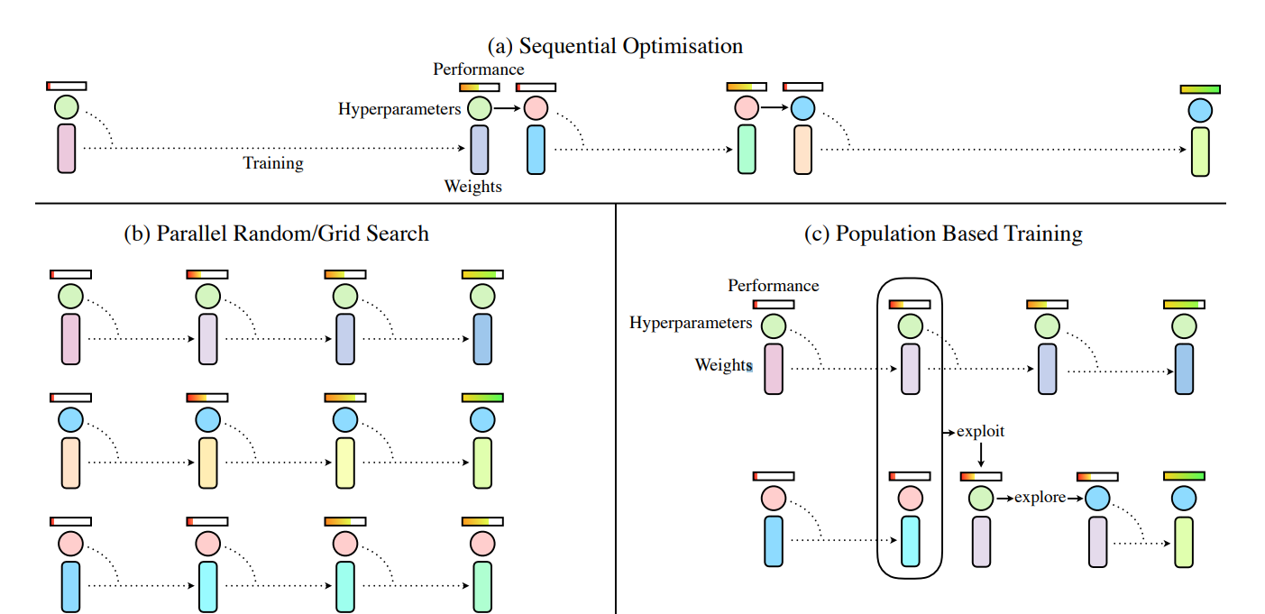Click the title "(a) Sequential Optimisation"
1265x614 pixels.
point(615,46)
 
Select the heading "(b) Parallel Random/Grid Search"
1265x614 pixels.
point(276,234)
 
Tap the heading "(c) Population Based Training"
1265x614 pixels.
point(943,234)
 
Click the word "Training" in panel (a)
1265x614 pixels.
point(273,163)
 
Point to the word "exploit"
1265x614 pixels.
point(980,432)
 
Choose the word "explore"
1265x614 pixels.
point(1040,497)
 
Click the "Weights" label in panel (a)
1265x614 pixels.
point(472,187)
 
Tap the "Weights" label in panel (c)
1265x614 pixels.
point(723,365)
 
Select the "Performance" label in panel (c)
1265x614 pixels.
point(773,286)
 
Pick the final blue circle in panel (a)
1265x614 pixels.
point(1199,111)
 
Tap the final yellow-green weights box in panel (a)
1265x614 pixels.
point(1199,151)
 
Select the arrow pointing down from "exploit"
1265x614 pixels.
point(980,454)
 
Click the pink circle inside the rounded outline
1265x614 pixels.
point(910,498)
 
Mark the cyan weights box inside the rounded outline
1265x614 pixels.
point(910,541)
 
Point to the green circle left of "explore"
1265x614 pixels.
point(981,498)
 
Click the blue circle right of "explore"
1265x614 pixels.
point(1096,498)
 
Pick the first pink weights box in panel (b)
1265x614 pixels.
point(70,339)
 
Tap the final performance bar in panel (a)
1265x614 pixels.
point(1199,89)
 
